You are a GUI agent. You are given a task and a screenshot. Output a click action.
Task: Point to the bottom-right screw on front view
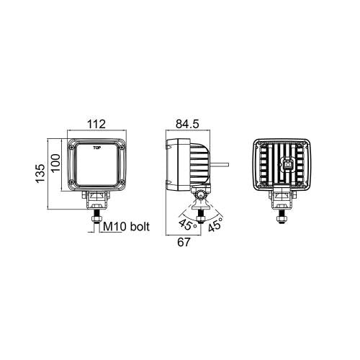tap(123, 181)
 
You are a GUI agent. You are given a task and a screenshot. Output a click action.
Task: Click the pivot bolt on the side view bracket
tap(201, 194)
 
